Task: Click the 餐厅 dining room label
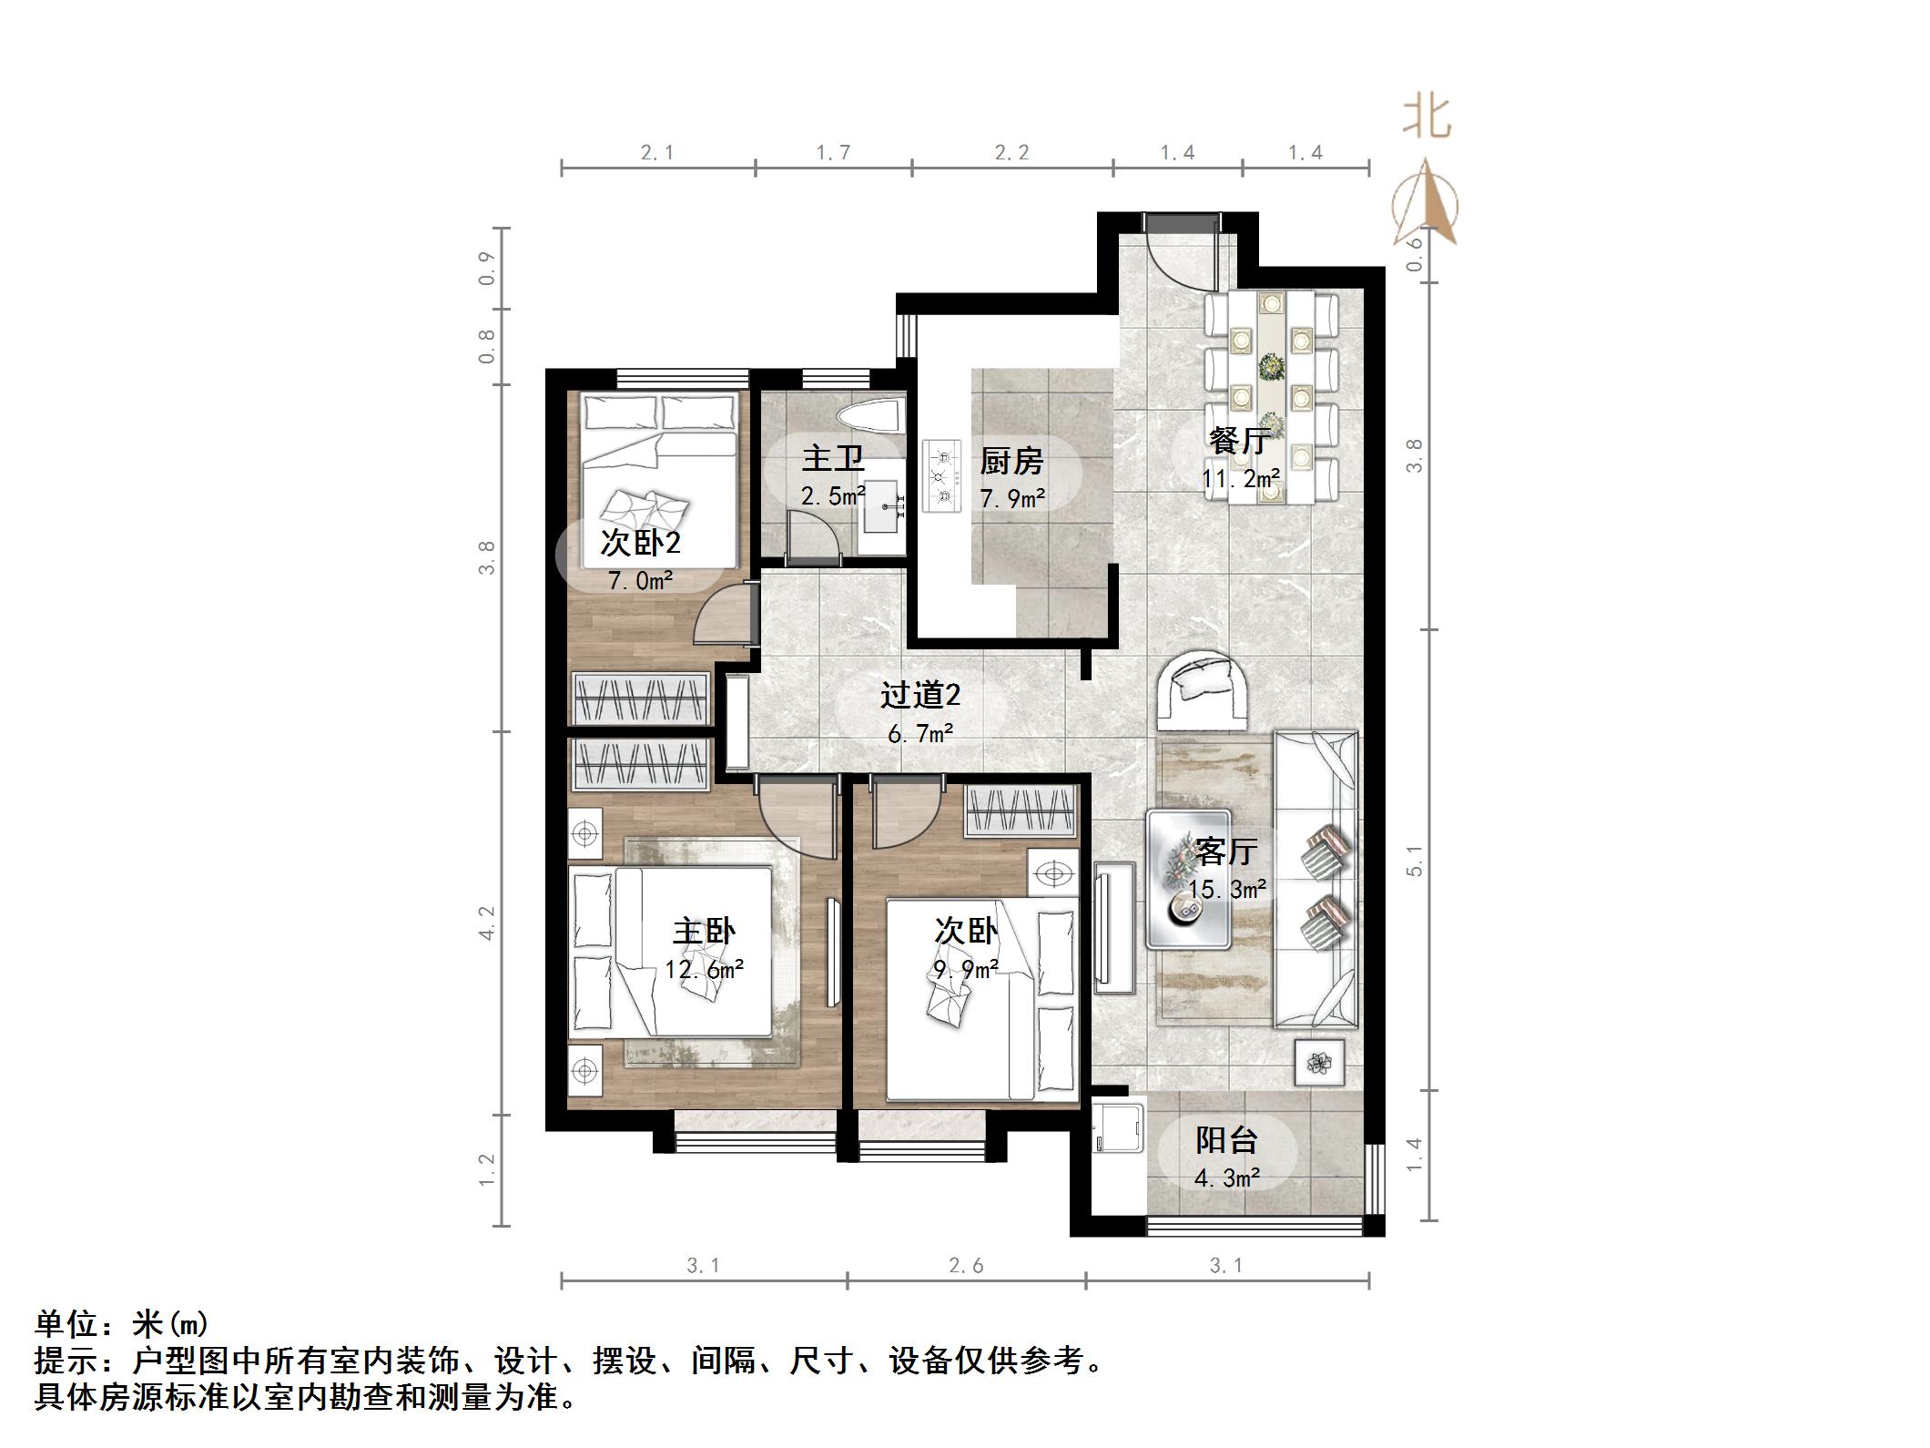click(1239, 441)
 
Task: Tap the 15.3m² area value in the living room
click(1226, 889)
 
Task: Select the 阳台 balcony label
click(1226, 1139)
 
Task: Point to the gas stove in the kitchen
click(941, 475)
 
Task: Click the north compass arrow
click(1426, 205)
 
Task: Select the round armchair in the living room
click(1202, 688)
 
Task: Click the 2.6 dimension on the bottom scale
click(965, 1265)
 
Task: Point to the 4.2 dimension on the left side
click(487, 923)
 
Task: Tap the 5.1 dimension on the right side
click(1414, 860)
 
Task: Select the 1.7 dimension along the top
click(833, 152)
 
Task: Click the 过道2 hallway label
click(920, 696)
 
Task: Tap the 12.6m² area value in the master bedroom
click(704, 969)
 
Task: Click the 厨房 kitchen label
click(1011, 462)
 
